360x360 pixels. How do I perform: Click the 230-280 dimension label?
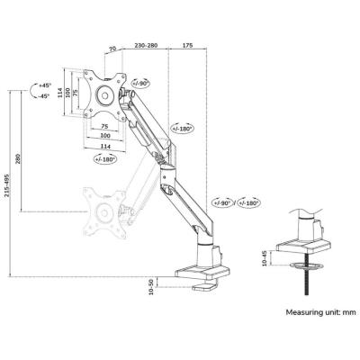click(x=146, y=46)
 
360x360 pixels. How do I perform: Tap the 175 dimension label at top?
click(x=187, y=46)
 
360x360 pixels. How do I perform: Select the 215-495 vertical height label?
click(x=6, y=185)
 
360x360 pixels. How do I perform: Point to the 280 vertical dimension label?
click(x=17, y=158)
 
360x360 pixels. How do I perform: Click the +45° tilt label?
click(x=45, y=85)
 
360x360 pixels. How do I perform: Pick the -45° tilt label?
click(x=44, y=96)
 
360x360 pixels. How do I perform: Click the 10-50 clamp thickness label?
click(x=151, y=286)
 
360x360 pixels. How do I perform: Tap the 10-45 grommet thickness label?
click(x=265, y=258)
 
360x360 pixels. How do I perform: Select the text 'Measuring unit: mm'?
click(x=320, y=312)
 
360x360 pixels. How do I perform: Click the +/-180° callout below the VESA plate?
click(x=105, y=158)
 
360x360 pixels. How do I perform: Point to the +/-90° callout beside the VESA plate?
click(x=140, y=83)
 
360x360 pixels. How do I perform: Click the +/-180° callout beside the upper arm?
click(x=183, y=128)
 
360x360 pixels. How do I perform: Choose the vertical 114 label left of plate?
click(x=60, y=93)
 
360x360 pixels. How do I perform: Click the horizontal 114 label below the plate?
click(x=105, y=146)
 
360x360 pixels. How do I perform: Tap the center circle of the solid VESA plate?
click(x=104, y=95)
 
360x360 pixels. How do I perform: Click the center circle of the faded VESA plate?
click(x=104, y=212)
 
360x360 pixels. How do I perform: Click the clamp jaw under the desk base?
click(x=204, y=286)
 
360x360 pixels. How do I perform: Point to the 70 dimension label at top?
click(x=112, y=49)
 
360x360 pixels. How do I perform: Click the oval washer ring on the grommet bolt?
click(x=306, y=266)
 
